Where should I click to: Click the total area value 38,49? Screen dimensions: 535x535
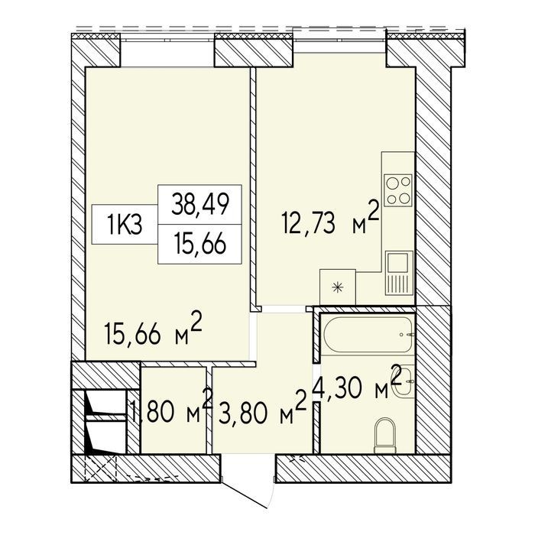pyautogui.click(x=199, y=205)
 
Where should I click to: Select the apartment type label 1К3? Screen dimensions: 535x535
pyautogui.click(x=124, y=225)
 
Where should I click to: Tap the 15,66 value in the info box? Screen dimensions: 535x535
pyautogui.click(x=200, y=245)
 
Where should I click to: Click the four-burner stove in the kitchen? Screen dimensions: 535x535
pyautogui.click(x=398, y=190)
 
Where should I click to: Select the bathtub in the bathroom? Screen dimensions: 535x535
pyautogui.click(x=368, y=336)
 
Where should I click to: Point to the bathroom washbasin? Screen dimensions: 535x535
pyautogui.click(x=406, y=381)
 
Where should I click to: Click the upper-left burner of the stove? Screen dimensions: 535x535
pyautogui.click(x=391, y=182)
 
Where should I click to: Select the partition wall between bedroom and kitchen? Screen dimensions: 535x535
pyautogui.click(x=253, y=189)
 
